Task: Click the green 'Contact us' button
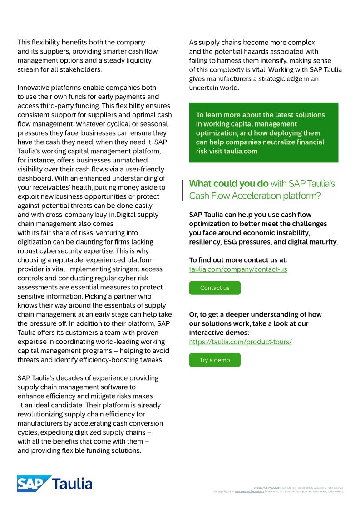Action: [x=215, y=288]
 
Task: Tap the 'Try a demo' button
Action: [x=215, y=360]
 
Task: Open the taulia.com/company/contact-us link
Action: [x=238, y=269]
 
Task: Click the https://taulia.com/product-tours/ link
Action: [x=240, y=342]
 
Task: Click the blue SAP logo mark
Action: [x=34, y=484]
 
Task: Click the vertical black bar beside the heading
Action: [x=182, y=190]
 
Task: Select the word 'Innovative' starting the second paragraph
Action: [x=34, y=88]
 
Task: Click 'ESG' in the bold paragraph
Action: [x=230, y=242]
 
